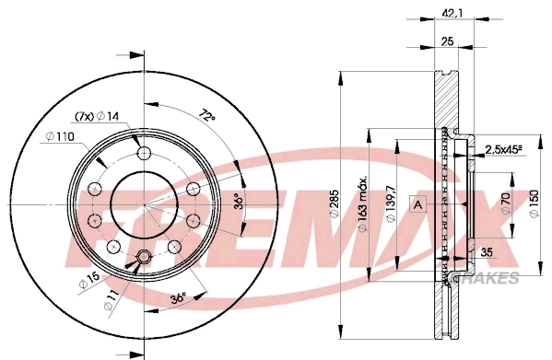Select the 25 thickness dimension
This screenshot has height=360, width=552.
pyautogui.click(x=446, y=41)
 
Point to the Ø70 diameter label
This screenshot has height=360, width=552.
pyautogui.click(x=506, y=203)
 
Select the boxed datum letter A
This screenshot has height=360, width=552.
pyautogui.click(x=418, y=203)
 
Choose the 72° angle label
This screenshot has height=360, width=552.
pyautogui.click(x=207, y=117)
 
